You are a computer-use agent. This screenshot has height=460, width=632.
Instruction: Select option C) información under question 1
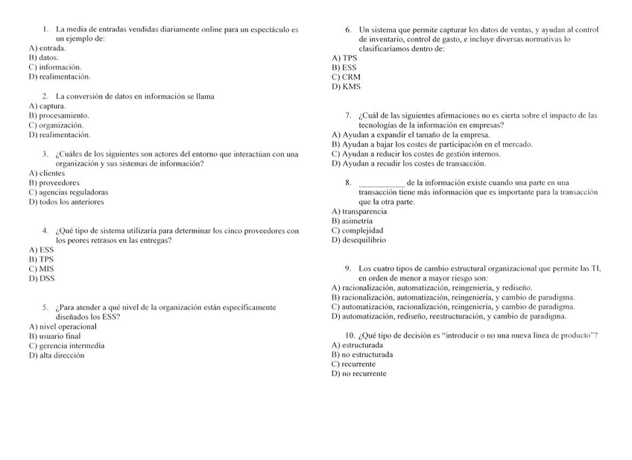(x=54, y=67)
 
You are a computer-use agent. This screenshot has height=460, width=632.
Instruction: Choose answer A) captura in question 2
(x=47, y=106)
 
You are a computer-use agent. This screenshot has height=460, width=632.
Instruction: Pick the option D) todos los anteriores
(x=66, y=202)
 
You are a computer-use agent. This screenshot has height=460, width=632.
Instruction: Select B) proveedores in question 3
(x=54, y=183)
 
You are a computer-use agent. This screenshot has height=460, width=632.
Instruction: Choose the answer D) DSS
(x=42, y=279)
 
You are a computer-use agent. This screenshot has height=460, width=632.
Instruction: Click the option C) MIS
(x=42, y=269)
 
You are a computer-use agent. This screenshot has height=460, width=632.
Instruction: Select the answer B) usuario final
(x=54, y=336)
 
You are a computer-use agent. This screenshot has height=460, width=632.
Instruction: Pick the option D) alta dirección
(x=57, y=356)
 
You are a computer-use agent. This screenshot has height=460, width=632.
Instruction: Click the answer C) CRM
(x=346, y=77)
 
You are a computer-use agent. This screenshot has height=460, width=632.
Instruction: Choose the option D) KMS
(x=346, y=86)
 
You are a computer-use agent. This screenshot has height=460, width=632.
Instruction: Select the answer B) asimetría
(x=352, y=221)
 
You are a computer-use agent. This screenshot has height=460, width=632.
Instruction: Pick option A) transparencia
(x=359, y=212)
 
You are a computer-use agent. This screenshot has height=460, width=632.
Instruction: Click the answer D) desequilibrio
(x=358, y=241)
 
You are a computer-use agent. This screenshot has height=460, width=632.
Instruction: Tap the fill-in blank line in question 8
(x=382, y=183)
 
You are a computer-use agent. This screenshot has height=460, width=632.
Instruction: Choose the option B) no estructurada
(x=362, y=355)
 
